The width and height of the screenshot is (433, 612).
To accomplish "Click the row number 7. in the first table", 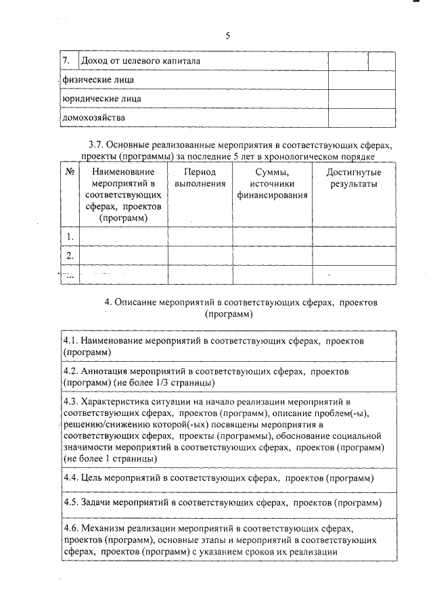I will [66, 62].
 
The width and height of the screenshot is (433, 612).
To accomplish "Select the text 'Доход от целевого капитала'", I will [141, 62].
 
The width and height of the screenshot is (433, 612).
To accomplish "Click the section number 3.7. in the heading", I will [98, 145].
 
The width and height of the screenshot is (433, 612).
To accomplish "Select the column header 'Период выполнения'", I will [200, 178].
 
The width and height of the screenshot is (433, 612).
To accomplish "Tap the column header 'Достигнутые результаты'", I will [354, 178].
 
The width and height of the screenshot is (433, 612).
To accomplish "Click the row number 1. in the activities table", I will [70, 236].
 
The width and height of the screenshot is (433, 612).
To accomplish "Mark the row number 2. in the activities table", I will [70, 256].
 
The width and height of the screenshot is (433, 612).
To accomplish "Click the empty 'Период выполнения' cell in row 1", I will [200, 236].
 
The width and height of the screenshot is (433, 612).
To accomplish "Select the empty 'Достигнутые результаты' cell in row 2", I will [354, 256].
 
